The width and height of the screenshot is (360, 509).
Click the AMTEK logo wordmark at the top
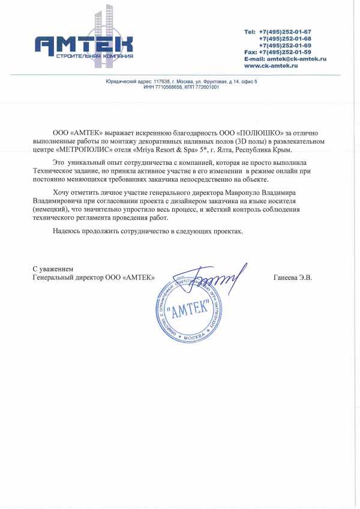click(83, 45)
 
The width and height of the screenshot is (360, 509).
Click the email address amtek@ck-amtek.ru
click(293, 59)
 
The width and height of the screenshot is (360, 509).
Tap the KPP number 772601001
click(207, 87)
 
